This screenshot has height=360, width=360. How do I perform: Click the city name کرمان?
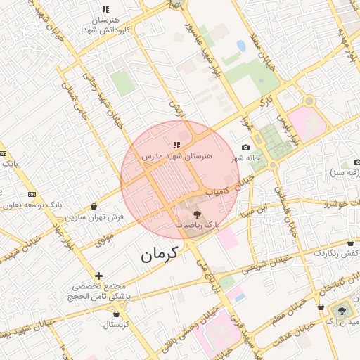[x=160, y=254]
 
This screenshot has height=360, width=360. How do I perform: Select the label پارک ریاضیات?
[x=198, y=226]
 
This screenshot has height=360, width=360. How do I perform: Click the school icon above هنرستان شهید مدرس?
[x=176, y=145]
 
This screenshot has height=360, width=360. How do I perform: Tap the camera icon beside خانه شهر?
[x=245, y=147]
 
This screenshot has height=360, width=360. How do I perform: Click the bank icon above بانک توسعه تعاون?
[x=32, y=194]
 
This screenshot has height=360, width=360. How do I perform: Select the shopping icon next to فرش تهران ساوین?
[x=94, y=206]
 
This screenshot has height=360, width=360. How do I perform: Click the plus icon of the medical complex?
[x=98, y=276]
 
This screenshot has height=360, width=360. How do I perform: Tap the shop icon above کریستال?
[x=116, y=314]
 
